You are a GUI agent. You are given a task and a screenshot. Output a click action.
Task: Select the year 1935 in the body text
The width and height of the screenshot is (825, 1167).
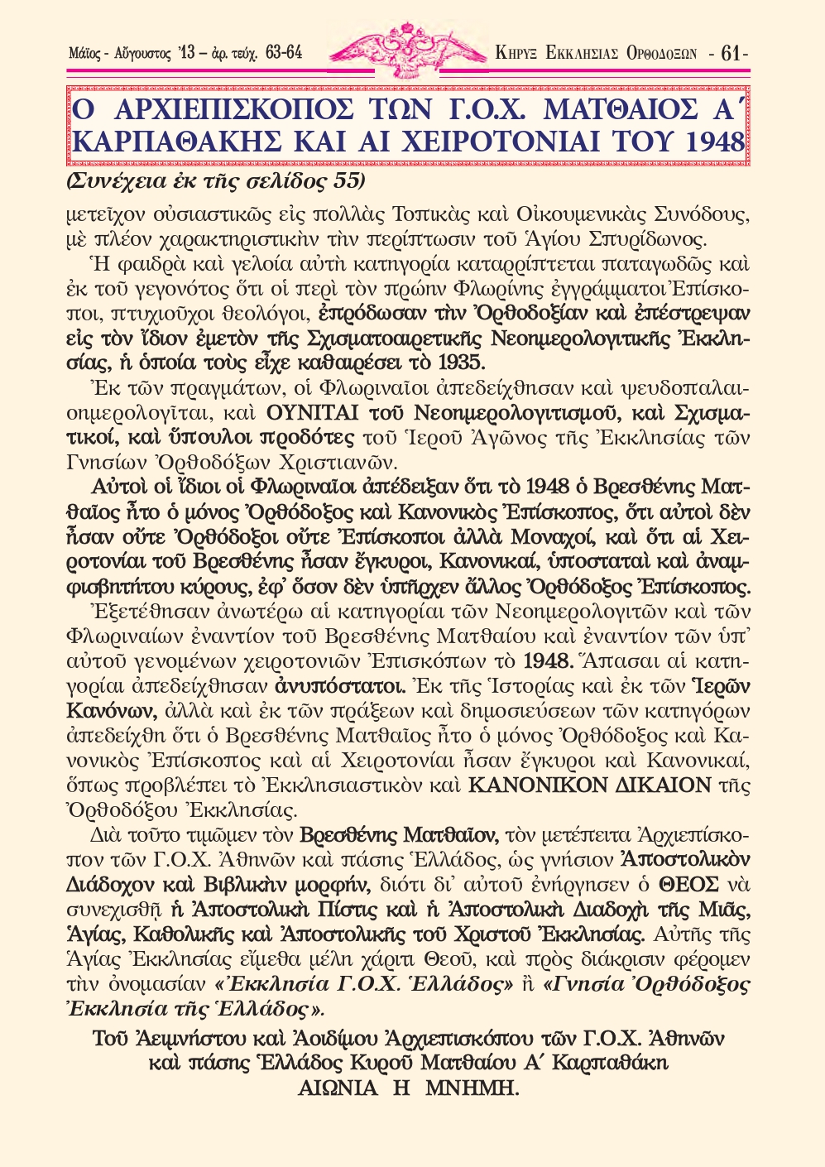coord(463,362)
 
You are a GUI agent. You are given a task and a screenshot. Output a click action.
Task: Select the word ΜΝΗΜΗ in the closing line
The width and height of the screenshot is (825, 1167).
coord(472,1088)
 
